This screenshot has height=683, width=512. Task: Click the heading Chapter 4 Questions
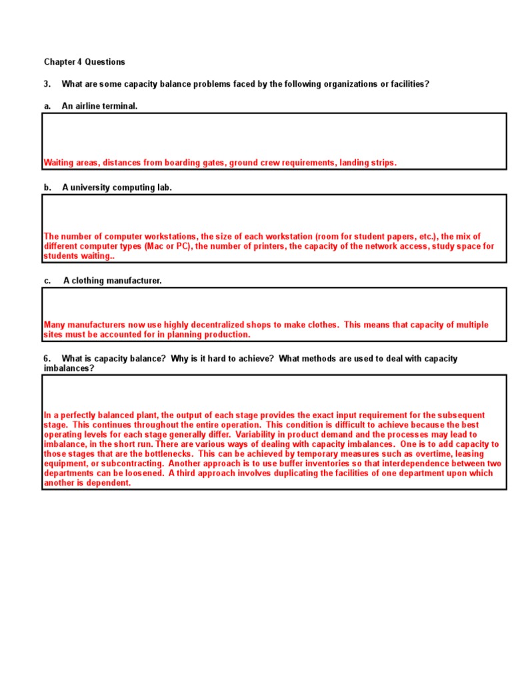click(x=84, y=62)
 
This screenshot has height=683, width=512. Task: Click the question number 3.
click(x=47, y=84)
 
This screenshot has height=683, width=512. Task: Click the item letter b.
click(x=47, y=187)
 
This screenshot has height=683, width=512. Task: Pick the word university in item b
click(x=89, y=187)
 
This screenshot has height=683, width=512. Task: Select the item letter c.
click(x=47, y=281)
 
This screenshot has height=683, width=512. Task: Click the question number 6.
click(x=47, y=359)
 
